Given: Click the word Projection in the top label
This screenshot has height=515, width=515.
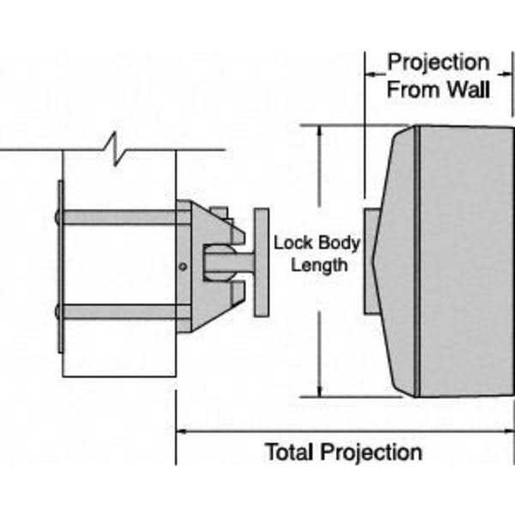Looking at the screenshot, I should tap(438, 63).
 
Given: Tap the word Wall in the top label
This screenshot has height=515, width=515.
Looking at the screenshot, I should tap(467, 88).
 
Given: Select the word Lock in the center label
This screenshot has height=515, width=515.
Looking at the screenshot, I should tap(288, 242).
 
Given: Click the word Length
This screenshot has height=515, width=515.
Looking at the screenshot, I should tap(318, 264).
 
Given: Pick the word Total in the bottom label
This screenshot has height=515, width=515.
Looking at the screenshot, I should tap(291, 451).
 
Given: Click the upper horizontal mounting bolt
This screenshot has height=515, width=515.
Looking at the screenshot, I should tap(120, 217).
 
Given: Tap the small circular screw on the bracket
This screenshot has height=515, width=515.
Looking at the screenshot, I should tap(182, 267).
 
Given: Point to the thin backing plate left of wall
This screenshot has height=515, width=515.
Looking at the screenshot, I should tap(59, 266).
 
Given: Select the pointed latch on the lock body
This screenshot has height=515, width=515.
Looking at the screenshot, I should tap(374, 261).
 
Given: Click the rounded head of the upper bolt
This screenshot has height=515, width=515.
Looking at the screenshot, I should tap(58, 217).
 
